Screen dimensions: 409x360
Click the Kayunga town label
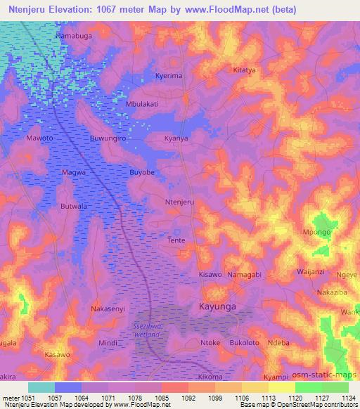(x=216, y=308)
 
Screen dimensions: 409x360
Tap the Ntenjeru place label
(x=179, y=202)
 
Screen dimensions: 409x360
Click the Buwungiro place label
(x=108, y=139)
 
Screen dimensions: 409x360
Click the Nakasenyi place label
(x=109, y=309)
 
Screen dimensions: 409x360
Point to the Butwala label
(x=74, y=206)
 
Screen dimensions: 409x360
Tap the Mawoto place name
(x=39, y=138)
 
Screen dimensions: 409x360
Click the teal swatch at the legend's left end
(x=41, y=387)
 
